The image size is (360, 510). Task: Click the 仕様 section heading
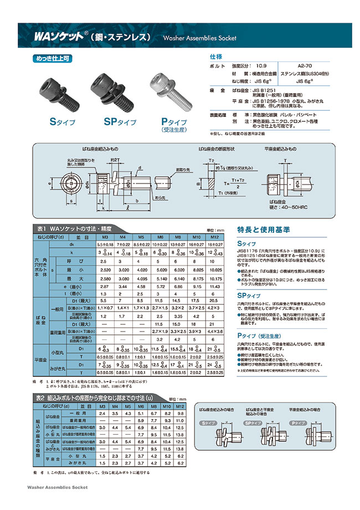(215, 57)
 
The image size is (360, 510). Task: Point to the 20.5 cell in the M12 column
(213, 299)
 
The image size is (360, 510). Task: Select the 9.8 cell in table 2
(180, 413)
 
